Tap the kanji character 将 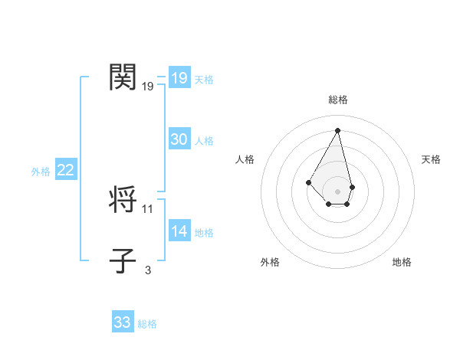click(x=123, y=200)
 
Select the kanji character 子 click(x=123, y=260)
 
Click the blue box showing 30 click(x=179, y=139)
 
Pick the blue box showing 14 click(x=179, y=231)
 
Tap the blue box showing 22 click(x=65, y=170)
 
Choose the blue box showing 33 click(x=122, y=322)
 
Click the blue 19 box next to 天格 click(x=179, y=78)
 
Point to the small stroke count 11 click(x=148, y=208)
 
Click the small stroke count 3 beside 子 click(x=148, y=270)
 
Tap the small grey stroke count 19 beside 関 click(x=148, y=87)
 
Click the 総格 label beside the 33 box click(x=147, y=324)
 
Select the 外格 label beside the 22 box click(x=41, y=172)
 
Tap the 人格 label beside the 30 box click(x=204, y=141)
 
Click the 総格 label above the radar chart click(x=337, y=100)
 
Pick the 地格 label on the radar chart click(x=402, y=262)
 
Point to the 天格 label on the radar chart click(x=431, y=159)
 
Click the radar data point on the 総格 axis click(x=337, y=130)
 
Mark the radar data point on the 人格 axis click(x=308, y=182)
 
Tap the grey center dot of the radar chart click(x=337, y=191)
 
